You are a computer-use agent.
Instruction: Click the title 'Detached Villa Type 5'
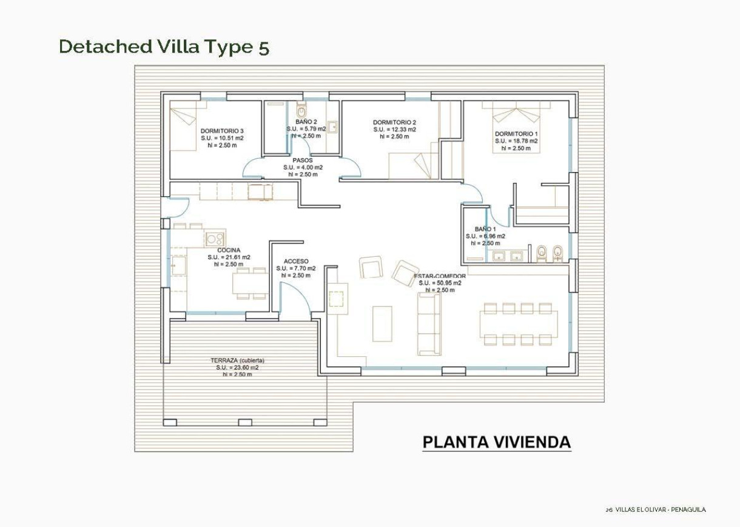(x=164, y=47)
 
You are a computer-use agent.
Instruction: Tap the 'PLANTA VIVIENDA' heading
(x=496, y=442)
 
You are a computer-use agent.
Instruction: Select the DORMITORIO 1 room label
(x=516, y=134)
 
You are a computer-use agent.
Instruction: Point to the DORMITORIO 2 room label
(x=394, y=122)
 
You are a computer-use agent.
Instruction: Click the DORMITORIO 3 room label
(x=222, y=131)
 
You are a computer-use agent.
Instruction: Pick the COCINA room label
(x=229, y=250)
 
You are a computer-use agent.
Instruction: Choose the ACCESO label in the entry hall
(x=295, y=262)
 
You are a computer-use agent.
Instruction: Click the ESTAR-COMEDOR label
(x=440, y=276)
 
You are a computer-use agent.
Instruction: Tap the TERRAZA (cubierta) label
(x=237, y=360)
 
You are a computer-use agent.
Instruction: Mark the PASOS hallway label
(x=302, y=161)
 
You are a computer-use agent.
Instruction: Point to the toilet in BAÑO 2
(x=301, y=113)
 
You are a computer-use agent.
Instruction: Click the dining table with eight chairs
(x=518, y=324)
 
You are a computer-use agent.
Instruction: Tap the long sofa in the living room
(x=429, y=323)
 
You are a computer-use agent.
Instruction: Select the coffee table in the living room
(x=382, y=323)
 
